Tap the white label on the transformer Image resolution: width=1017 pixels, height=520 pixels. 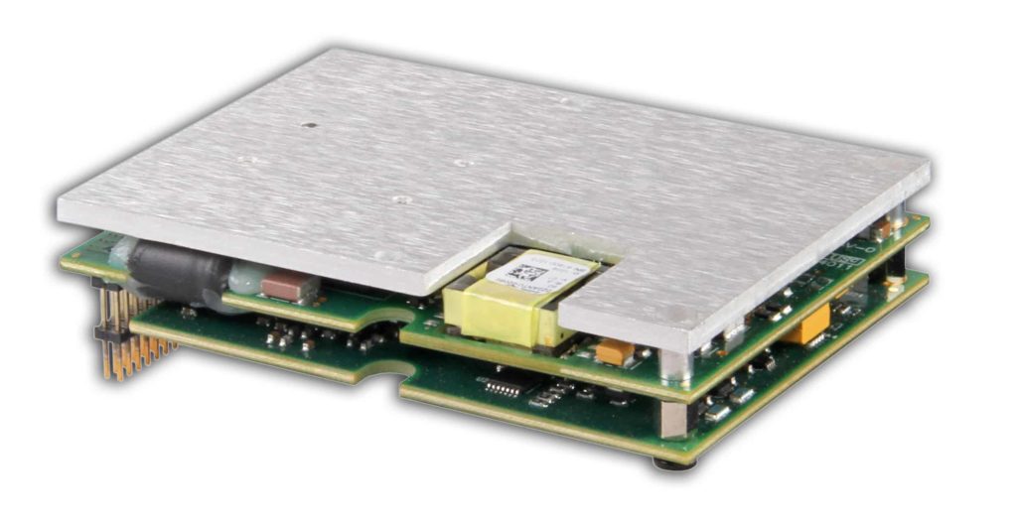540,271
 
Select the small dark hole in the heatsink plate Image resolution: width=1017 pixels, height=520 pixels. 309,126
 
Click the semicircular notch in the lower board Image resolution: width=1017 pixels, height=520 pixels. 389,374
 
